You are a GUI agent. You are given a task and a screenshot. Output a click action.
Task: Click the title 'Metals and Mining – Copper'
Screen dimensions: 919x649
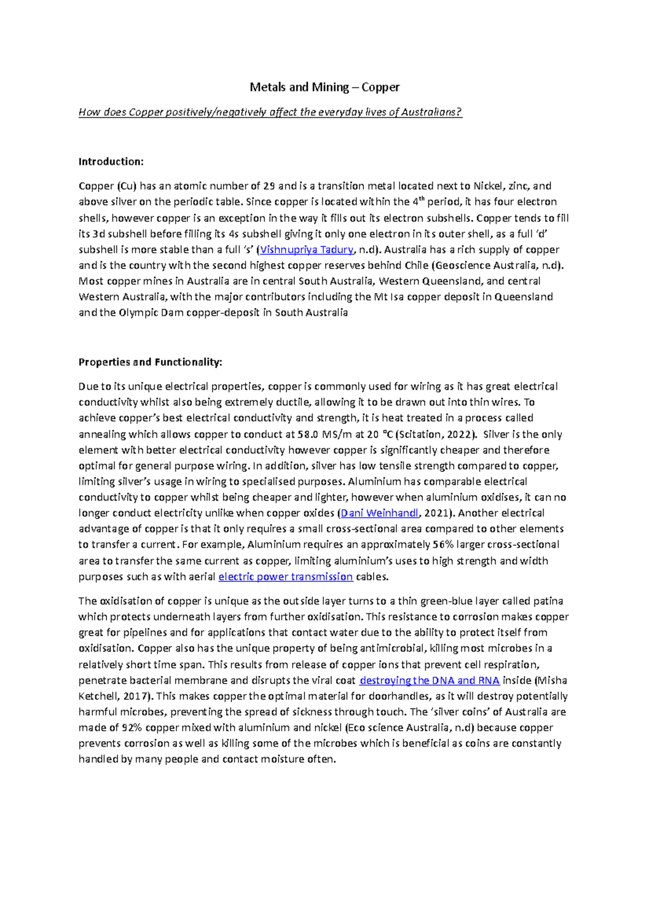point(324,87)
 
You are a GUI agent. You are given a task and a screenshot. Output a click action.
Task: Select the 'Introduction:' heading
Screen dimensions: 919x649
point(111,161)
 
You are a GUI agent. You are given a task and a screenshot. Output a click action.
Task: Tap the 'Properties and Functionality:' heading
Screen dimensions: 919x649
point(150,362)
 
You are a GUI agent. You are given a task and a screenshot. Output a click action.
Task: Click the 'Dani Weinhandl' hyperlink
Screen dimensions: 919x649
point(380,513)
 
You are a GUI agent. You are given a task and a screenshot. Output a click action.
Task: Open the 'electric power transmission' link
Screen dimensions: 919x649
point(286,576)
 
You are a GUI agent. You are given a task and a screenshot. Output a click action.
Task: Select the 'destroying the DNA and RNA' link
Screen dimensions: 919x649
point(429,680)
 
